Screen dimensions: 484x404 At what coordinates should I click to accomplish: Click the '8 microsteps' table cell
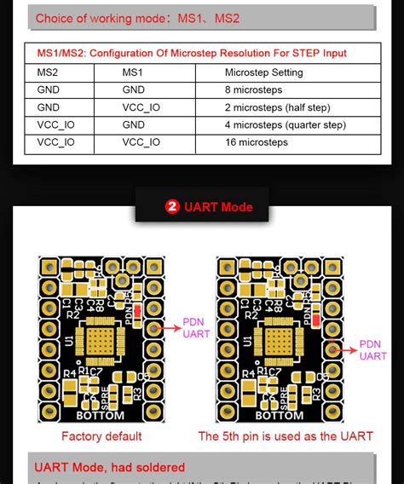click(x=255, y=89)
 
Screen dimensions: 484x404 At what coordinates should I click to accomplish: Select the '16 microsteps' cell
click(x=257, y=142)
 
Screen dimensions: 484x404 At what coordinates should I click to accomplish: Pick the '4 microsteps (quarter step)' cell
click(x=285, y=125)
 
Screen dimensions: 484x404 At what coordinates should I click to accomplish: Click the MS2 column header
click(x=49, y=72)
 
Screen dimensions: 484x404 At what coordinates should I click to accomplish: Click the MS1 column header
click(x=133, y=72)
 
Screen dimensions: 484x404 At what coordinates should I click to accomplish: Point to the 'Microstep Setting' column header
click(x=263, y=72)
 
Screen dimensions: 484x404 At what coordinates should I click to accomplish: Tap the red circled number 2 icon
click(x=171, y=207)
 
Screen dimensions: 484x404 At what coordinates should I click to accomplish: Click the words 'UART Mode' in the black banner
click(x=218, y=207)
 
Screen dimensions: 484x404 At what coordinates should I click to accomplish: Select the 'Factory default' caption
click(x=101, y=436)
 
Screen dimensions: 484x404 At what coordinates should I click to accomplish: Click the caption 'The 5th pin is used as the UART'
click(x=286, y=436)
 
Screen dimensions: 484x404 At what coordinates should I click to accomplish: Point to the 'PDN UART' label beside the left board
click(x=196, y=329)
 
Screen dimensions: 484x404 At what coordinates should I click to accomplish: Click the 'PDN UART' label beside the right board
click(x=372, y=350)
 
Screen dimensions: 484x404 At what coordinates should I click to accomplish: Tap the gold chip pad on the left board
click(x=97, y=341)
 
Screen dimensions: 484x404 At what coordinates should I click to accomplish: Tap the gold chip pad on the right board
click(x=274, y=341)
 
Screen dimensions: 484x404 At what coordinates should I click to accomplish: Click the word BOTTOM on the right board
click(x=280, y=416)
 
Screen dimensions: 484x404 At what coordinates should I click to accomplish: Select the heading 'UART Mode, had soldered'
click(x=109, y=467)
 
